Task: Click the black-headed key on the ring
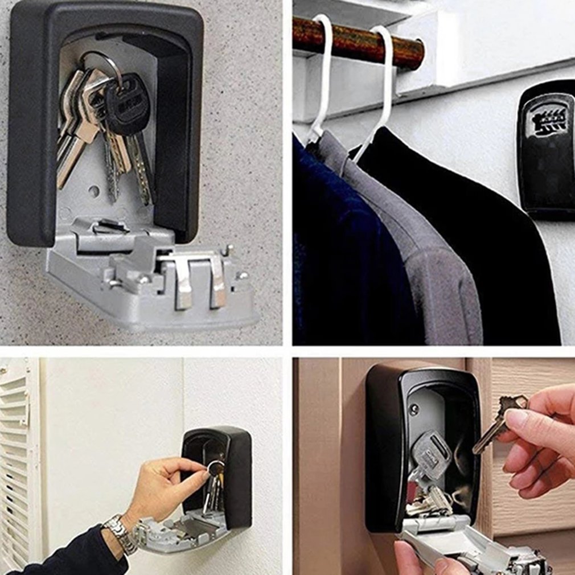pos(127,105)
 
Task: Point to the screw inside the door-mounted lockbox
pos(414,409)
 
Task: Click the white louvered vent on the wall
pos(17,455)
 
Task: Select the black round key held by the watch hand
pos(216,468)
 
